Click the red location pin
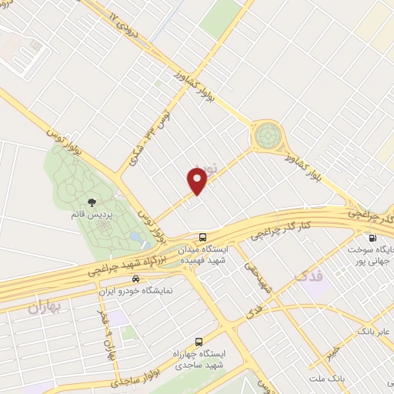199,180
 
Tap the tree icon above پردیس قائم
92,203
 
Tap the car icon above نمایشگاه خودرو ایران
136,279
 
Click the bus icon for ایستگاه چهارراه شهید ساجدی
199,341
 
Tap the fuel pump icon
372,239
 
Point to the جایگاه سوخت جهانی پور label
372,255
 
